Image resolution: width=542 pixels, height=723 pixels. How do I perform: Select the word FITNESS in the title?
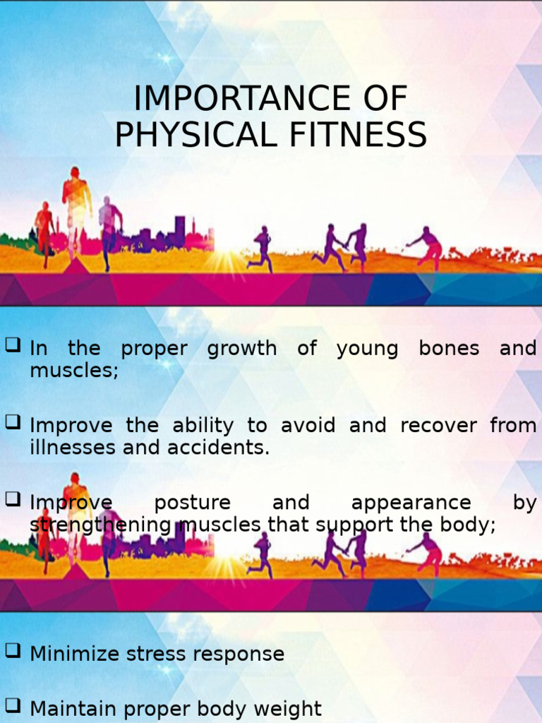358,136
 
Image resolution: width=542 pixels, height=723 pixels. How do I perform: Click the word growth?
242,349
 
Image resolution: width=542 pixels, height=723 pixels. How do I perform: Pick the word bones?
449,348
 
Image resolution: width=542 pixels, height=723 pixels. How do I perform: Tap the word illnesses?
73,448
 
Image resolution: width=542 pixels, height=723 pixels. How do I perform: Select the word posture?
192,503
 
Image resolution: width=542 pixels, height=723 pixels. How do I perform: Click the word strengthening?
101,525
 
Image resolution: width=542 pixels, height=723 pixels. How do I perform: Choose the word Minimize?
74,654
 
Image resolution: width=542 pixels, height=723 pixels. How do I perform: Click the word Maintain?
73,708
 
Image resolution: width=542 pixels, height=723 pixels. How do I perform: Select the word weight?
291,709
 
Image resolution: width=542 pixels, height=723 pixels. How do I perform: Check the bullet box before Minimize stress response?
12,652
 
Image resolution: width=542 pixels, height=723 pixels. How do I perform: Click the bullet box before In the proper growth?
12,345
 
